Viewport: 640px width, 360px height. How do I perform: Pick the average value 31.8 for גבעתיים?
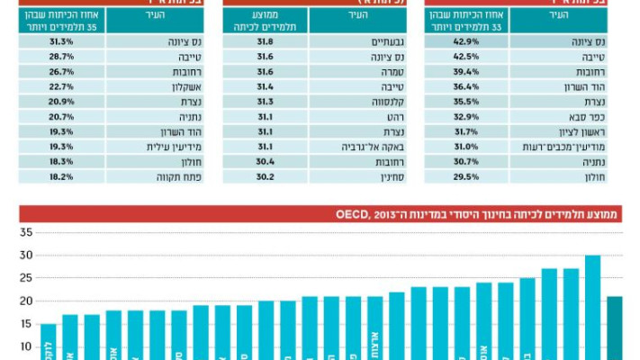pos(265,41)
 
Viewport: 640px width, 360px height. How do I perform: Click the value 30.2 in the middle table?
pos(265,177)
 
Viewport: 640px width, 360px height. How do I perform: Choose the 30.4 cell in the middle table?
pos(265,162)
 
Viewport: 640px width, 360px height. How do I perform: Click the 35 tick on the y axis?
pos(25,232)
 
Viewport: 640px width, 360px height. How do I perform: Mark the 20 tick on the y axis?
pos(25,301)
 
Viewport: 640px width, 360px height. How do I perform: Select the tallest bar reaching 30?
pos(592,306)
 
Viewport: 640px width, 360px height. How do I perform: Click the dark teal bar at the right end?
pos(615,328)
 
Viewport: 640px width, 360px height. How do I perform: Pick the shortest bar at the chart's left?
pos(48,342)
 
